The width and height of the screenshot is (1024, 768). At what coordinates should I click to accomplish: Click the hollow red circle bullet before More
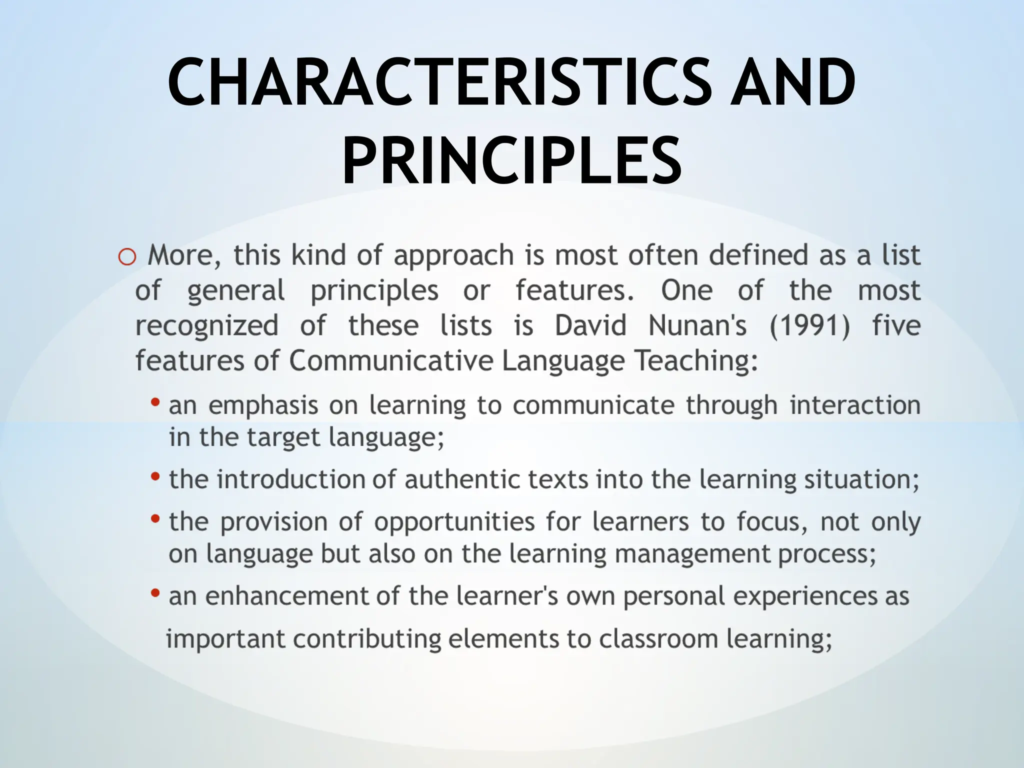click(x=127, y=257)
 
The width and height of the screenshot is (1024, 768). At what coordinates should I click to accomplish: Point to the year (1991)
click(x=809, y=326)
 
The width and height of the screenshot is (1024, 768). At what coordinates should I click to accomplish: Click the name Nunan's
click(x=697, y=326)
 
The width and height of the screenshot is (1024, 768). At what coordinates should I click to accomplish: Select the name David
click(x=590, y=326)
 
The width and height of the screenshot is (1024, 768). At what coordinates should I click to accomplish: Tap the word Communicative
click(x=391, y=361)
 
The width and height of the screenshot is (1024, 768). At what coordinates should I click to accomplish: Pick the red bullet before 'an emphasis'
click(x=155, y=402)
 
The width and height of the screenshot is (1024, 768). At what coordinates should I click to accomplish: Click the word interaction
click(x=855, y=405)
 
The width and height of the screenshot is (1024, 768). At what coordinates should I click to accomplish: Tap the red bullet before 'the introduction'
click(x=155, y=476)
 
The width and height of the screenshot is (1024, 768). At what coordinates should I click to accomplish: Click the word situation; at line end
click(x=861, y=479)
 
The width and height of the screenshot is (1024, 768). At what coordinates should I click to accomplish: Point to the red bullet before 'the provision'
click(x=155, y=519)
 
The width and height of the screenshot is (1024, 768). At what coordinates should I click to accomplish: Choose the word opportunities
click(x=454, y=522)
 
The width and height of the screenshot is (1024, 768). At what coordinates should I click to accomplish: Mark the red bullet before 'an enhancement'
click(x=155, y=593)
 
